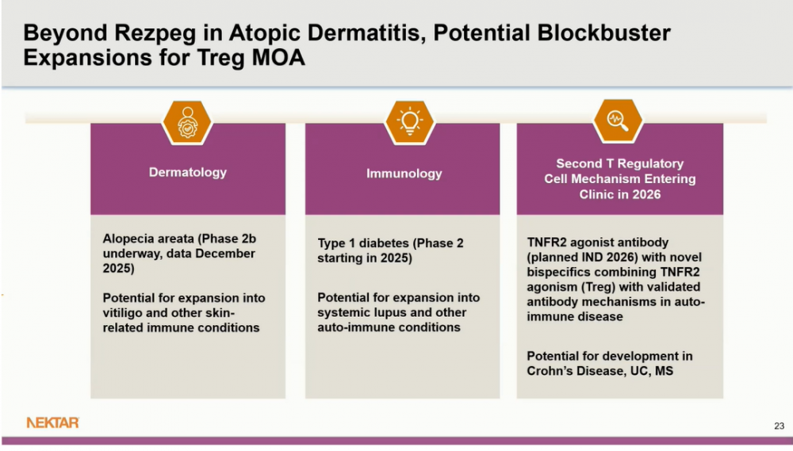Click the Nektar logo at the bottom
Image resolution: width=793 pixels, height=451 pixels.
click(x=52, y=422)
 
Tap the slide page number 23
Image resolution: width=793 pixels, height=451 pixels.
click(x=779, y=426)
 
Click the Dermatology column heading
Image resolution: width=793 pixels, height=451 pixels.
click(x=188, y=173)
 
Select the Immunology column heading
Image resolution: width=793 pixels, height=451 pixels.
click(x=404, y=174)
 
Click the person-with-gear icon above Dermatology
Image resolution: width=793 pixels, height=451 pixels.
click(x=188, y=123)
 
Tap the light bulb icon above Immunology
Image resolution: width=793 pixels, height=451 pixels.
click(x=410, y=122)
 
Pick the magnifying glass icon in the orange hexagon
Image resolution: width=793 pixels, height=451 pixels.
click(x=618, y=120)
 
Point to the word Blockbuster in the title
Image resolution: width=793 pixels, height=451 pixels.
click(x=603, y=32)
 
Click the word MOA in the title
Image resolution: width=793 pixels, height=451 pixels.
click(x=278, y=57)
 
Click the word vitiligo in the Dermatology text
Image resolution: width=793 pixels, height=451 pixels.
click(x=122, y=313)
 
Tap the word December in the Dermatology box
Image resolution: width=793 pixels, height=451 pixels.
click(x=225, y=254)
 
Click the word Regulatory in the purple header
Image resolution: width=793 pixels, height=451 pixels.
click(x=650, y=164)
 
